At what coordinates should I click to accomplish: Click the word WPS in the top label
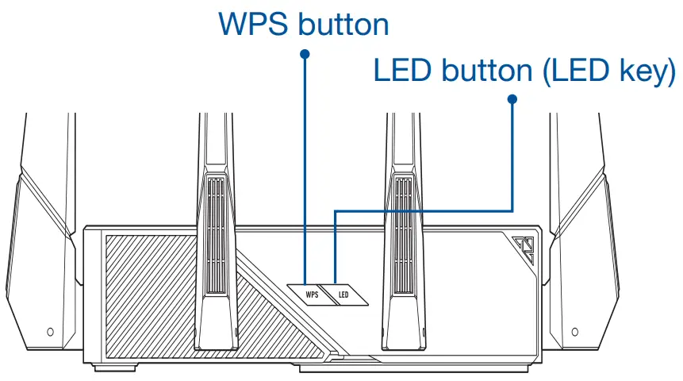tap(252, 25)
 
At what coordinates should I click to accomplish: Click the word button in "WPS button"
tap(343, 25)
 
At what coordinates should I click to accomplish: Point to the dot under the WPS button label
tap(305, 53)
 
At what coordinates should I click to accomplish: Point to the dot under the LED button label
tap(512, 99)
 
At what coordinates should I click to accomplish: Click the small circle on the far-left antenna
tap(50, 329)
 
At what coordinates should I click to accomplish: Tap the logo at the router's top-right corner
tap(524, 252)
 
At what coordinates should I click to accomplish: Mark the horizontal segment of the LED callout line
tap(424, 210)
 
